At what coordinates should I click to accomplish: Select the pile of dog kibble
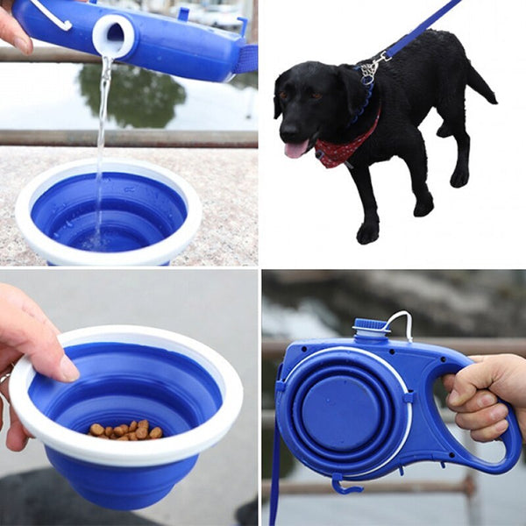pyautogui.click(x=125, y=430)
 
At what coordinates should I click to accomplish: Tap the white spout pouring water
pyautogui.click(x=114, y=36)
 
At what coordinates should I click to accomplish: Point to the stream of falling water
pyautogui.click(x=102, y=131)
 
